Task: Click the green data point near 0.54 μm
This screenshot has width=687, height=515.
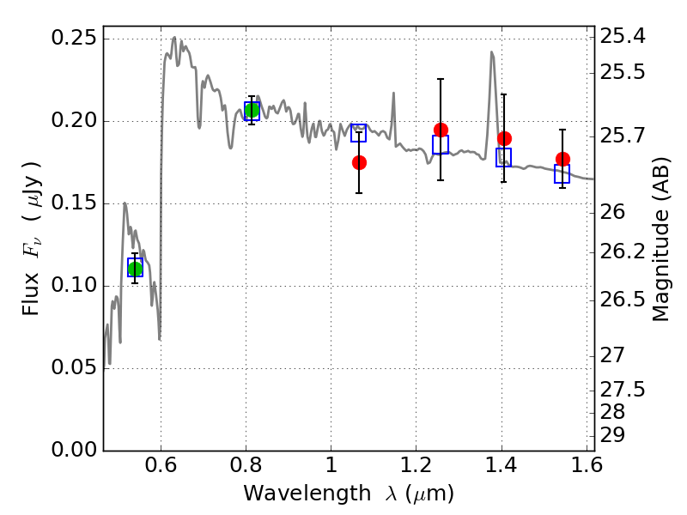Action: tap(135, 269)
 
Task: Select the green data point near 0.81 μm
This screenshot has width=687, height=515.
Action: tap(252, 110)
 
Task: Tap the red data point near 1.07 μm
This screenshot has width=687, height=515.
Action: tap(359, 162)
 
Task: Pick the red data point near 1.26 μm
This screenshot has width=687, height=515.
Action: tap(441, 130)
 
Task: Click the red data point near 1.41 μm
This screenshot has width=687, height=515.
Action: tap(504, 138)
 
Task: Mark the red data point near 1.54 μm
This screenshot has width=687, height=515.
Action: tap(562, 159)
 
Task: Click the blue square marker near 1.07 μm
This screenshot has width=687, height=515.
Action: tap(359, 132)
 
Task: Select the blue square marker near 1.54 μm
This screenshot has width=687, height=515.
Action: tap(562, 174)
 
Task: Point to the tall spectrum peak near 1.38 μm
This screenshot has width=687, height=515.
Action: tap(492, 53)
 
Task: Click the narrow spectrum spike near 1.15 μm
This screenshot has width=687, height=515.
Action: tap(393, 93)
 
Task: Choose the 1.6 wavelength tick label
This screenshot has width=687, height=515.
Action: tap(585, 468)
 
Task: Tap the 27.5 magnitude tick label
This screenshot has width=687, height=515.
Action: tap(624, 390)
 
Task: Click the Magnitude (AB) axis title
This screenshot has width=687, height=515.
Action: tap(660, 239)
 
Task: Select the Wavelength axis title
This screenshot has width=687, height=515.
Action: tap(349, 494)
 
